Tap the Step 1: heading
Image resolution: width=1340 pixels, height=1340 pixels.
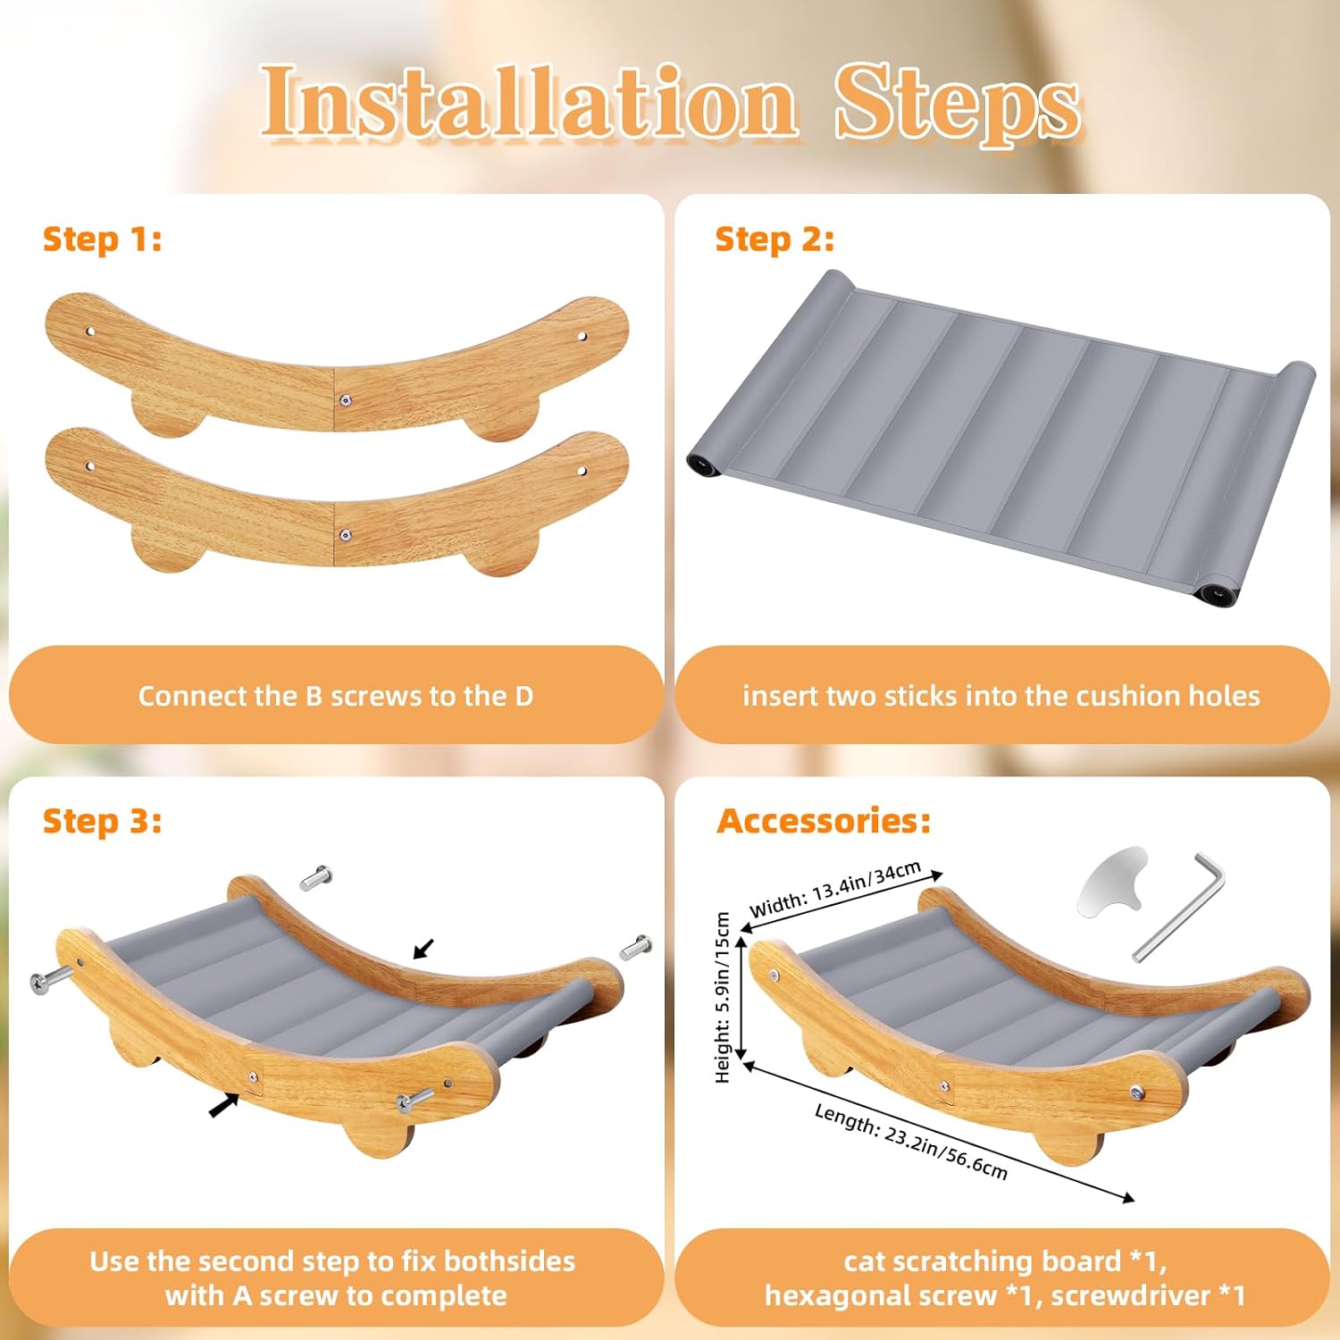click(103, 239)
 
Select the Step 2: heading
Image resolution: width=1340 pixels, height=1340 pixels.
click(775, 239)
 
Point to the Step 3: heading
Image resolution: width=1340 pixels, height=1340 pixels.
click(103, 821)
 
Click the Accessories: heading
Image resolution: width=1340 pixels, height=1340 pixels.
click(824, 821)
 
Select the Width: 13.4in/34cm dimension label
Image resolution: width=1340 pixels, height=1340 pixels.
click(835, 889)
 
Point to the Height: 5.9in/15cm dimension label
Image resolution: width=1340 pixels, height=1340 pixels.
click(723, 998)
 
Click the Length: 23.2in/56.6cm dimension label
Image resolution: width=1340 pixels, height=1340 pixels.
click(911, 1141)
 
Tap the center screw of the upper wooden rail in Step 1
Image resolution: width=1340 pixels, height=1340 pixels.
click(346, 400)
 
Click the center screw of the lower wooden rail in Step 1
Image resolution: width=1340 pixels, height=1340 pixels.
click(346, 535)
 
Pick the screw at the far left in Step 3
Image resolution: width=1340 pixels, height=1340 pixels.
click(51, 978)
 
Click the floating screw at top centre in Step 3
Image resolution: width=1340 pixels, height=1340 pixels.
click(315, 878)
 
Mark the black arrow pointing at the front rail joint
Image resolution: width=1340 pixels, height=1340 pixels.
click(224, 1106)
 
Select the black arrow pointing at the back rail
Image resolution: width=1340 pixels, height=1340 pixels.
click(423, 949)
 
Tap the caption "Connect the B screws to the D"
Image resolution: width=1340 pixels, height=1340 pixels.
click(336, 696)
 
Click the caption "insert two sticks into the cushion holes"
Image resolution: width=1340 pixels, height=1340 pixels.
click(1001, 696)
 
